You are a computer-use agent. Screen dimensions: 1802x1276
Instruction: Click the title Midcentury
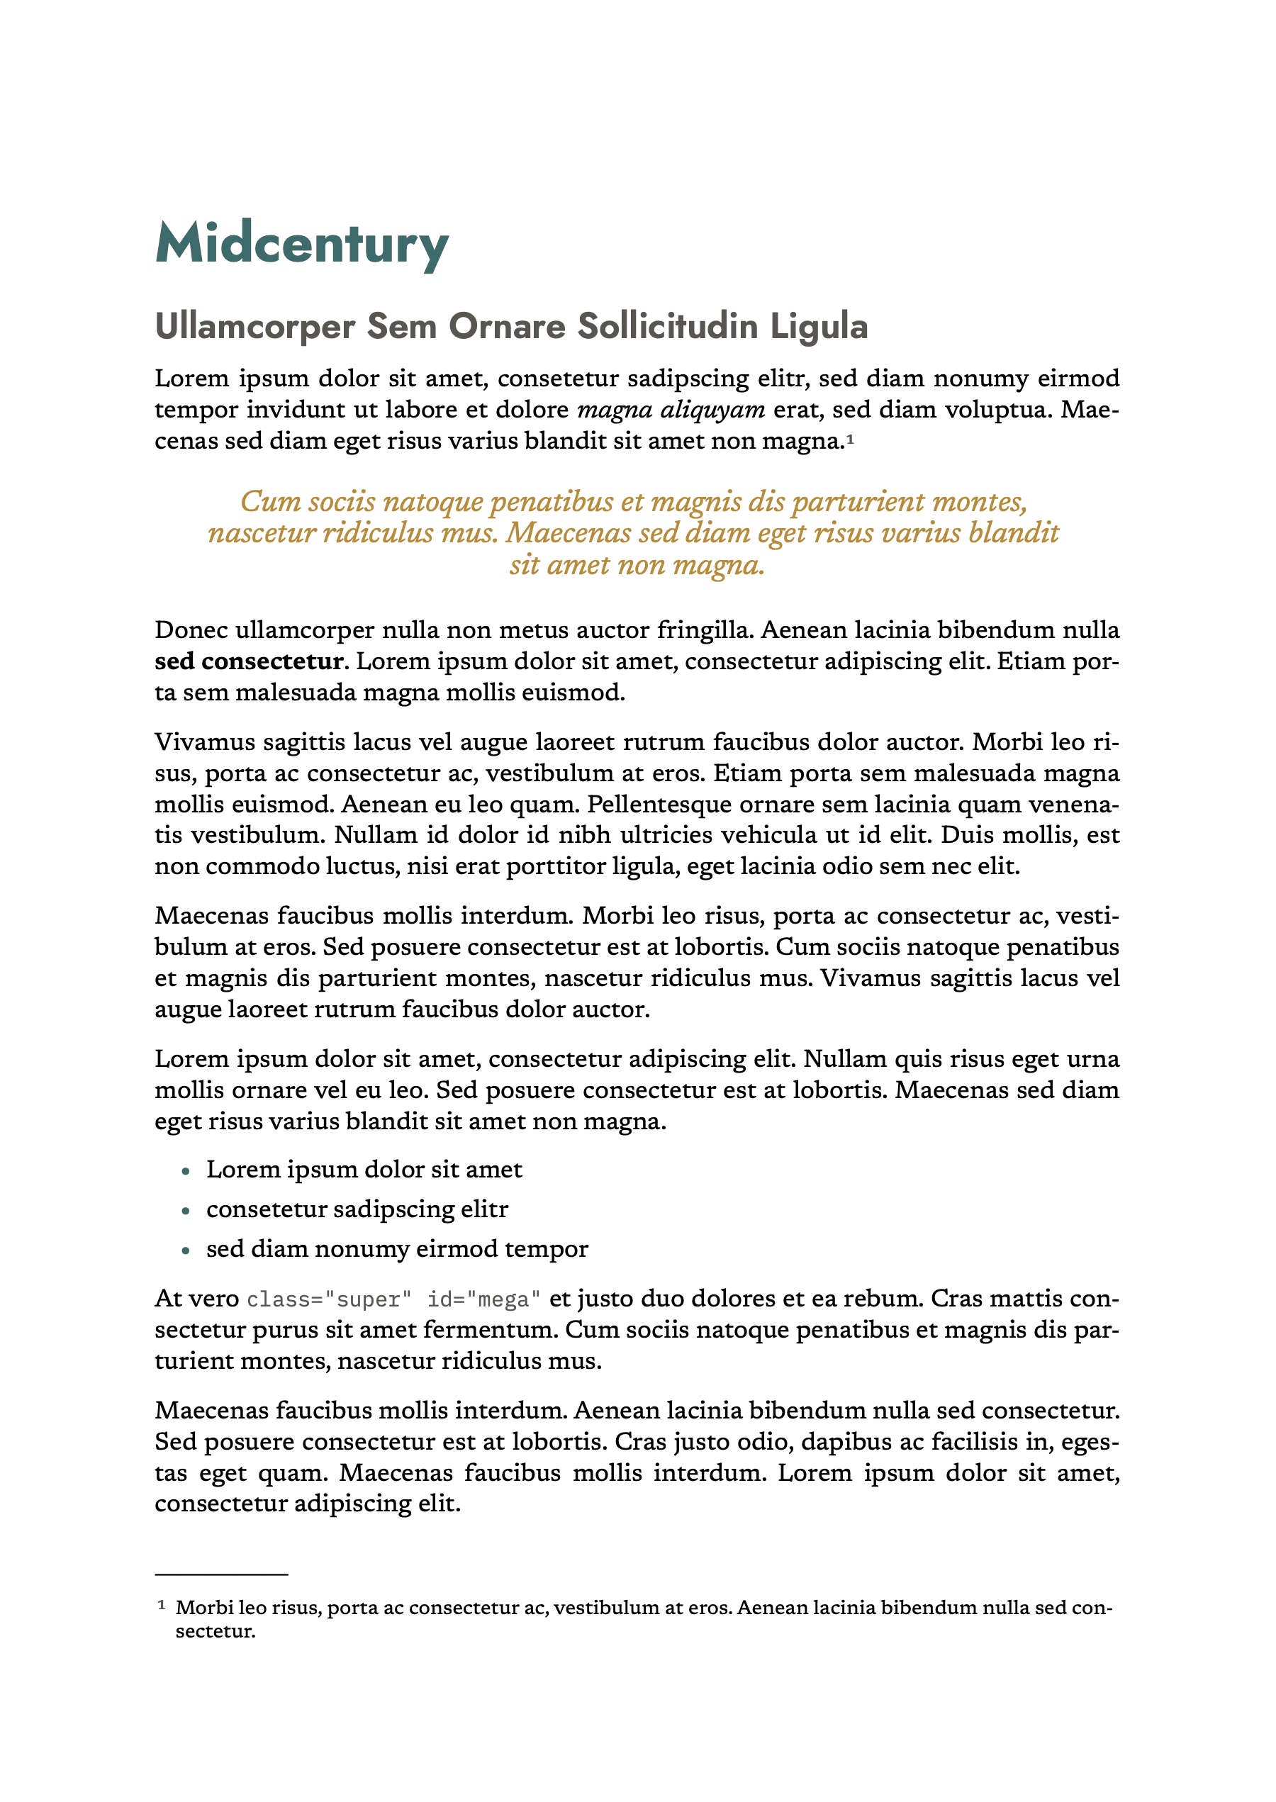tap(302, 245)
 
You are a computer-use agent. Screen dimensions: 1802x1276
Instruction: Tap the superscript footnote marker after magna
tap(850, 437)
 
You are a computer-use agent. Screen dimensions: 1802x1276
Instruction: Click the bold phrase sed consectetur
tap(249, 661)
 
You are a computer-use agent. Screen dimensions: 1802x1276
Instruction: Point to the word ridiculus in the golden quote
tap(380, 533)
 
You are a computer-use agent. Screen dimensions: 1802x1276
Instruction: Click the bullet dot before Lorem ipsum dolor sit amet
tap(186, 1171)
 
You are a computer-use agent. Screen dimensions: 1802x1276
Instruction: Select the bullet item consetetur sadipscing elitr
tap(357, 1209)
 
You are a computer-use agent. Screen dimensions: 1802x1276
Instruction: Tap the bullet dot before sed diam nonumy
tap(186, 1250)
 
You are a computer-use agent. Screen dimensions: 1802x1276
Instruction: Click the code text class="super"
tap(329, 1299)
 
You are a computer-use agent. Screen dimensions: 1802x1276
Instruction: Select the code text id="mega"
tap(483, 1299)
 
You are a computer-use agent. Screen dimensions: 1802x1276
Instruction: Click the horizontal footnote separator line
tap(222, 1575)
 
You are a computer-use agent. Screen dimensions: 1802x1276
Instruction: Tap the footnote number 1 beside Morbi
tap(162, 1606)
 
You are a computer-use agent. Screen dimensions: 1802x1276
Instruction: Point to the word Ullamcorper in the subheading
tap(254, 326)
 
